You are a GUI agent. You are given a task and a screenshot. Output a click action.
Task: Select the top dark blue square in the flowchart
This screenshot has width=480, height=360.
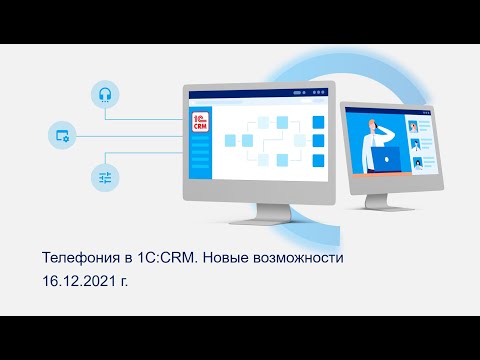[319, 121]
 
